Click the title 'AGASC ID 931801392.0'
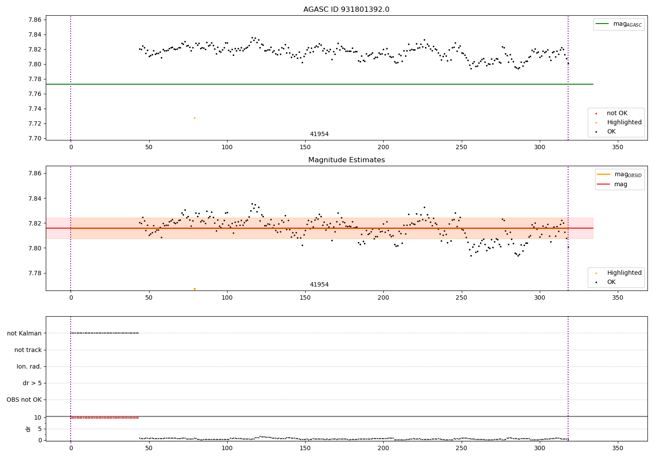[x=346, y=10]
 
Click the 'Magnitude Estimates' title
[x=346, y=160]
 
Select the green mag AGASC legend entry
[x=619, y=24]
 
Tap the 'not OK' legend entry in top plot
[x=617, y=113]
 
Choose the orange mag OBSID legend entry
[x=620, y=174]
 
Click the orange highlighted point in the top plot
[x=194, y=118]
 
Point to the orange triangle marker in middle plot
[x=194, y=289]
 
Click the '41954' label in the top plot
[x=319, y=134]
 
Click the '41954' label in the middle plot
[x=319, y=285]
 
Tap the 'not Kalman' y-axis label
[x=24, y=333]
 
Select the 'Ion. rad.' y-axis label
[x=29, y=366]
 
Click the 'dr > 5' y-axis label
[x=32, y=383]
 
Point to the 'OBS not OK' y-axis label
[x=24, y=400]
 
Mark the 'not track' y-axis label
[x=28, y=350]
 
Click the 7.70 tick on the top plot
[x=34, y=138]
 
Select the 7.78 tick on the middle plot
[x=34, y=273]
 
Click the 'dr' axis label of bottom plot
[x=28, y=429]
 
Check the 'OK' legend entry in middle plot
[x=611, y=282]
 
